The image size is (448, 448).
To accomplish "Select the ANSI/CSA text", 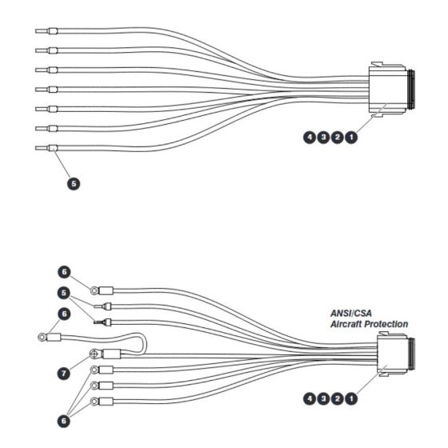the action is tap(351, 313).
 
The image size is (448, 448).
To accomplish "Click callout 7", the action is tap(64, 373).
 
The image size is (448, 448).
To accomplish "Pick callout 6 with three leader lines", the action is tap(64, 421).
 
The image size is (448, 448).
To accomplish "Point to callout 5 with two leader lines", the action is tap(64, 293).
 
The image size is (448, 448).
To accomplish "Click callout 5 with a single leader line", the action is tap(74, 183).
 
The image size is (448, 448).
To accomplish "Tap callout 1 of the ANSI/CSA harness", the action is tap(351, 398).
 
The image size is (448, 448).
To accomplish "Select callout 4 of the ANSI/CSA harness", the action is tap(310, 398).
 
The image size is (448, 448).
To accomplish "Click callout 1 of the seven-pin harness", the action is tap(351, 138).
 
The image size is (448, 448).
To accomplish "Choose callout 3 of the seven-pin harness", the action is tap(323, 138).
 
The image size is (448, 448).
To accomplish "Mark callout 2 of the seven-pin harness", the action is tap(338, 138).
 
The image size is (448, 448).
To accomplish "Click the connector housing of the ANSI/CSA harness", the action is tap(396, 354).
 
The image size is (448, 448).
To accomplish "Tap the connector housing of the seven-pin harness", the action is tap(391, 90).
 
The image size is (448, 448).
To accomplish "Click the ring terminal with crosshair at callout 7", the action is tap(94, 354).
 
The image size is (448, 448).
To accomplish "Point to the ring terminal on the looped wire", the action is tap(42, 338).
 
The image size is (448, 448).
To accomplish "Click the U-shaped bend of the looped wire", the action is tap(145, 344).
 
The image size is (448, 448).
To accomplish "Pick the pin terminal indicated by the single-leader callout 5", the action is tap(46, 148).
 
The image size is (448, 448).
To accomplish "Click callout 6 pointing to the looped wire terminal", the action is tap(64, 314).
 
